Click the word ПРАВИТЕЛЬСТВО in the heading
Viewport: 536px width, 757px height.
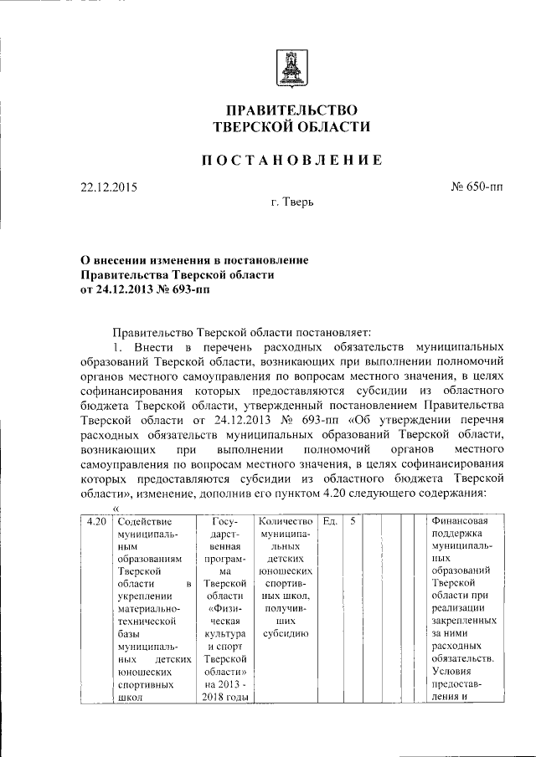click(291, 110)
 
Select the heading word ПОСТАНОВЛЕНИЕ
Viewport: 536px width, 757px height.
click(291, 160)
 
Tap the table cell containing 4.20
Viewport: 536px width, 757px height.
click(96, 521)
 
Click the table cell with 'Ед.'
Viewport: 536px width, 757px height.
click(330, 521)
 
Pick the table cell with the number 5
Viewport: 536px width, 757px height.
click(353, 521)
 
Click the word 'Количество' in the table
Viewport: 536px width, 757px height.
click(286, 521)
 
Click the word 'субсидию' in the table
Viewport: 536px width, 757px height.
click(286, 633)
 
